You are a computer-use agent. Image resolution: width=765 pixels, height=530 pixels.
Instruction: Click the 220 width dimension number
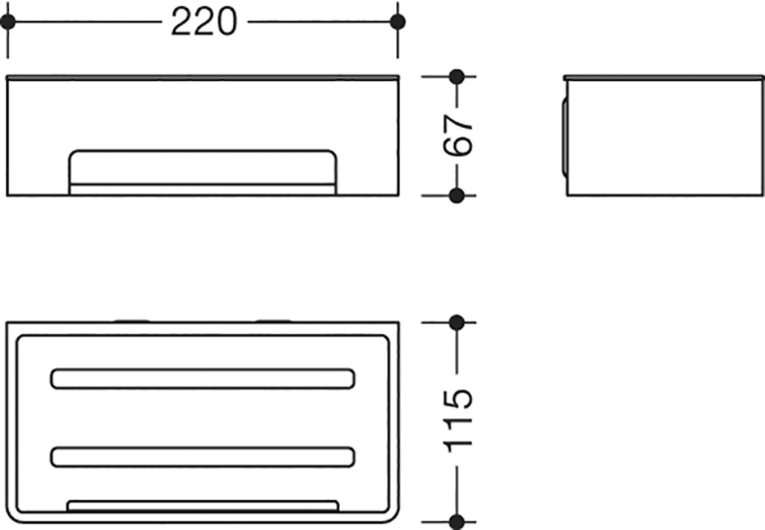click(x=203, y=22)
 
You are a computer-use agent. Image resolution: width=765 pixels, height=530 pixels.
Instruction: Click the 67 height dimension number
click(x=458, y=135)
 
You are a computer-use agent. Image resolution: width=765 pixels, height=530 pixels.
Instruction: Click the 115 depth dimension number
click(x=458, y=421)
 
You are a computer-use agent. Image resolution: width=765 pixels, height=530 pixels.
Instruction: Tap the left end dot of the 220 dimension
click(x=8, y=22)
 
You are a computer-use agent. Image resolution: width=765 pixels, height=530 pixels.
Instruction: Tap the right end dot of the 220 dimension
click(x=397, y=22)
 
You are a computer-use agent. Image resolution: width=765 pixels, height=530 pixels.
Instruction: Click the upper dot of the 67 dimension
click(x=457, y=77)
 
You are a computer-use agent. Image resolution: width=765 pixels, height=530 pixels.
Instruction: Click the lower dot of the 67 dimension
click(x=457, y=195)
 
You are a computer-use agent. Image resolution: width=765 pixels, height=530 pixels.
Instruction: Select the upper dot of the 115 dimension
click(x=457, y=323)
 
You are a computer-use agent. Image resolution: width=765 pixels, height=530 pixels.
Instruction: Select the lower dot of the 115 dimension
click(x=457, y=522)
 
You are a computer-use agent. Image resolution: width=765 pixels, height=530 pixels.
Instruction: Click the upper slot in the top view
click(x=202, y=379)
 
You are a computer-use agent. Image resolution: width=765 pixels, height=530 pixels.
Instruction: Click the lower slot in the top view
click(x=202, y=457)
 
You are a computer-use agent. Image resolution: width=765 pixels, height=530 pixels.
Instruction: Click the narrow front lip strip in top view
click(x=202, y=506)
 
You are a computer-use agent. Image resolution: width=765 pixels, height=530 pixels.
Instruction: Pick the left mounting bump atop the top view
click(x=132, y=321)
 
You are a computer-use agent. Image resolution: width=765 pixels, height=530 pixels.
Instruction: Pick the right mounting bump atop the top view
click(x=274, y=321)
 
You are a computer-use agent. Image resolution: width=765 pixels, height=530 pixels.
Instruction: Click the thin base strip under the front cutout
click(x=202, y=190)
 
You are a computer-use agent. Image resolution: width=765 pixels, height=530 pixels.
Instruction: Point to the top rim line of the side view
click(x=664, y=77)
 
